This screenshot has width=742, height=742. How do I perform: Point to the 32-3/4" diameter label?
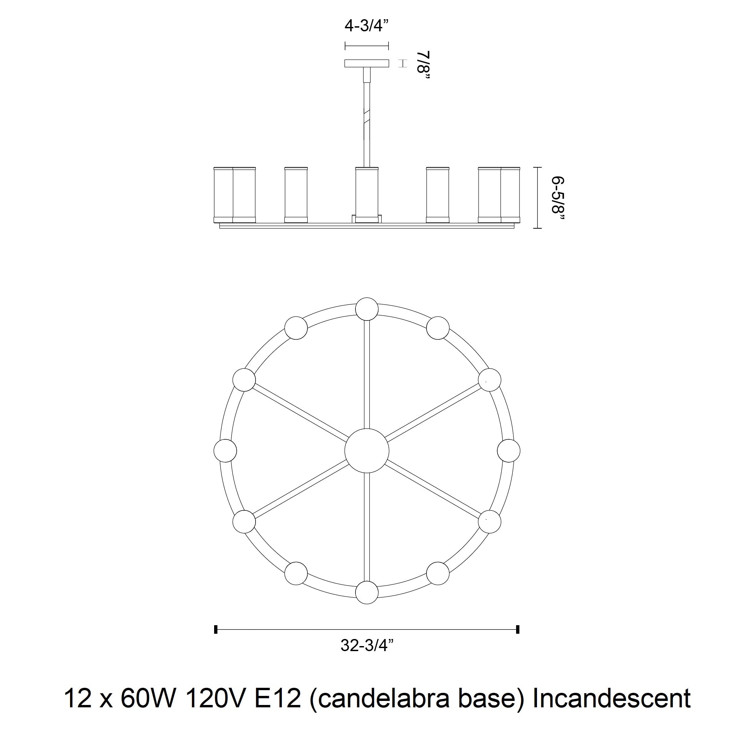click(368, 645)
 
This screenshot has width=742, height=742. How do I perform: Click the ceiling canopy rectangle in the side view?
click(367, 63)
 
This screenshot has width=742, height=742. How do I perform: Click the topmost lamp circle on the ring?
click(367, 309)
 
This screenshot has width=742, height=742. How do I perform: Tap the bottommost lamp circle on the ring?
click(367, 593)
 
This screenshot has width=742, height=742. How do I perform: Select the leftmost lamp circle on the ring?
click(225, 450)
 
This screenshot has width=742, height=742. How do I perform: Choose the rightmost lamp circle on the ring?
click(508, 450)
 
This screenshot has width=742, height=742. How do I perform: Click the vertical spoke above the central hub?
click(367, 374)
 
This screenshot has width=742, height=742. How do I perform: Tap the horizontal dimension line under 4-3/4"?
click(367, 46)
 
